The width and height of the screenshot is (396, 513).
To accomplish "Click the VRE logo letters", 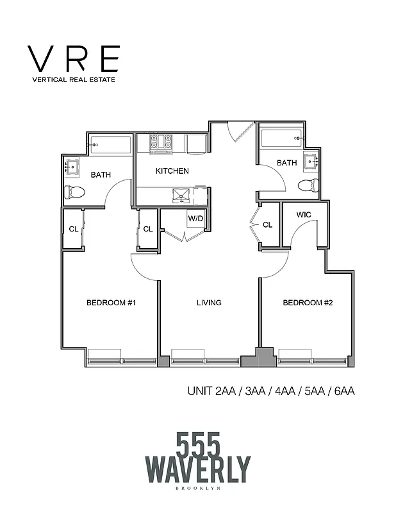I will click(x=73, y=59).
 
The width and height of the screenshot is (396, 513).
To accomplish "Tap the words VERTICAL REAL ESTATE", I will click(x=73, y=81).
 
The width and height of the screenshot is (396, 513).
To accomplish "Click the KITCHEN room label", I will click(x=172, y=171).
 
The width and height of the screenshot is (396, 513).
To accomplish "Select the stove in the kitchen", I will click(x=160, y=143).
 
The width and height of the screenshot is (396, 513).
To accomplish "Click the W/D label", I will click(x=195, y=219).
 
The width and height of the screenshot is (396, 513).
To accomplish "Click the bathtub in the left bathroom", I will click(x=110, y=145).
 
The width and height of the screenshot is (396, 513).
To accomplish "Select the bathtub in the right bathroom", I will click(x=280, y=136).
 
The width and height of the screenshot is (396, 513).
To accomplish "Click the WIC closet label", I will click(x=304, y=215).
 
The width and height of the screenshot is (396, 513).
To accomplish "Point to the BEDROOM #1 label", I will click(x=111, y=303).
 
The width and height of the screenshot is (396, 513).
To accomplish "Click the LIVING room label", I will click(x=209, y=303).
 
